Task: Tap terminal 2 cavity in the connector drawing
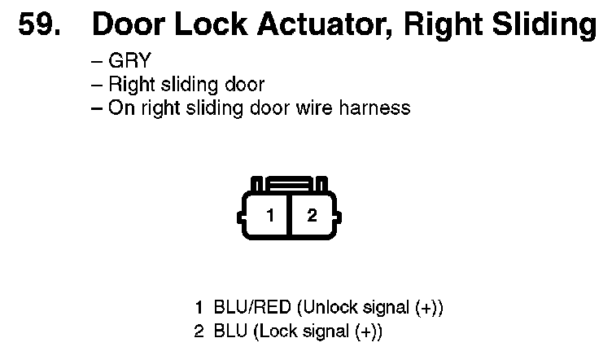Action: (x=311, y=216)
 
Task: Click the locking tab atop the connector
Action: (x=290, y=184)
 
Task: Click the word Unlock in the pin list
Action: (x=326, y=309)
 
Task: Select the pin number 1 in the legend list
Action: (x=199, y=309)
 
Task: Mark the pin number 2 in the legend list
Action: (x=199, y=331)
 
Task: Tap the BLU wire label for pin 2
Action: (x=228, y=331)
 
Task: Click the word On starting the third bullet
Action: (x=120, y=108)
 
